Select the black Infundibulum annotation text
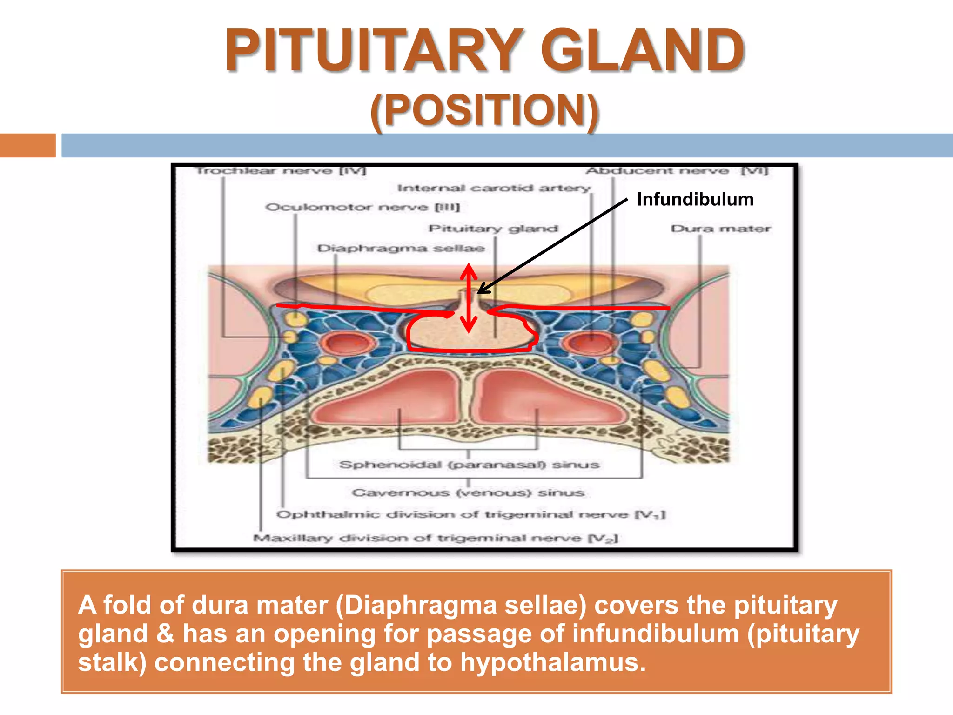click(695, 199)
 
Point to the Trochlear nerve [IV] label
click(281, 170)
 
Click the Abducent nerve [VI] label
click(677, 170)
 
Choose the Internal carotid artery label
click(494, 188)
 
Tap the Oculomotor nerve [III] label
click(362, 207)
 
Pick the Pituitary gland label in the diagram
click(493, 229)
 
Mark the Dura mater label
click(720, 229)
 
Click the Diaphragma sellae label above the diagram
click(401, 248)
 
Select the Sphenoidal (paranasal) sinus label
click(469, 465)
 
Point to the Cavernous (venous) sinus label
click(468, 492)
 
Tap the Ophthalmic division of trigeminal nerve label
click(471, 514)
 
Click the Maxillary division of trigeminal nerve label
click(436, 538)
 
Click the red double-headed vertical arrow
click(469, 298)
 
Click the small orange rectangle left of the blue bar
click(27, 145)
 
